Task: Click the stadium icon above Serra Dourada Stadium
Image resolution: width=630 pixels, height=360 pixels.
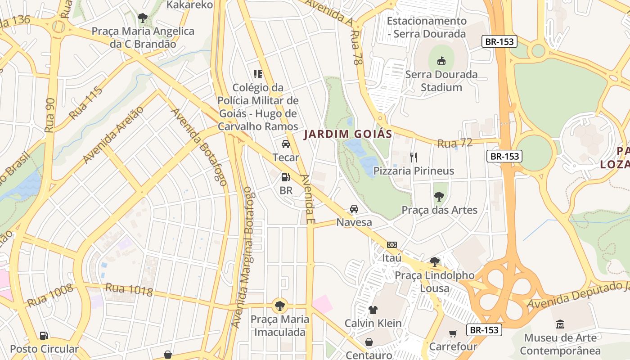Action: coord(441,61)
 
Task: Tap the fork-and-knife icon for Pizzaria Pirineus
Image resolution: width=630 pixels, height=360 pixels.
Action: coord(414,157)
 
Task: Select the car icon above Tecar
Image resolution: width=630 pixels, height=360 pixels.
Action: coord(285,144)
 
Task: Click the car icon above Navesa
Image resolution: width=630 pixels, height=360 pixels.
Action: coord(354,209)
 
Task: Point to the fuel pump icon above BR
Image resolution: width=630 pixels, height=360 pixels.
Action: coord(285,177)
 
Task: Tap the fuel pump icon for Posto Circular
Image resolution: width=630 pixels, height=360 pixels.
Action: coord(44,335)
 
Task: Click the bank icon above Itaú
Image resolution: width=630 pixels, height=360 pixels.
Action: coord(391,245)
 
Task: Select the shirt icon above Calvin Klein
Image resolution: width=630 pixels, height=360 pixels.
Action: coord(373,310)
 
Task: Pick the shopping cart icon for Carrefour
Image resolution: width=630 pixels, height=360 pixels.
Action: coord(453,333)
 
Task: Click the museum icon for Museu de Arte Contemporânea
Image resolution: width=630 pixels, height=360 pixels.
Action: coord(560,324)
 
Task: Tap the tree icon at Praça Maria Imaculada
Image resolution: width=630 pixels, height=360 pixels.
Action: coord(280,306)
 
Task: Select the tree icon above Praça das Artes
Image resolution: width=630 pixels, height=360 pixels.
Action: coord(439,197)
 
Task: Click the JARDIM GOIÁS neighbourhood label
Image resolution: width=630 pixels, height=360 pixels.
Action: coord(348,134)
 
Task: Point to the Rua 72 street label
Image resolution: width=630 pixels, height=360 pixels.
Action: coord(455,143)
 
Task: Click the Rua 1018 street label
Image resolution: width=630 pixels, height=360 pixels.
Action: coord(129,290)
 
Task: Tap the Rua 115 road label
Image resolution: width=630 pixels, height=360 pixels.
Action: coord(86,103)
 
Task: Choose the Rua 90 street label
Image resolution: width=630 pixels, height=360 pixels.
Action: coord(50,115)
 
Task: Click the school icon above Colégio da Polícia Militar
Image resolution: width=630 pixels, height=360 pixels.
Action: coord(258,74)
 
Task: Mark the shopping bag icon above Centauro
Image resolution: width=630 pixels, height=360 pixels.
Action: coord(369,342)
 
